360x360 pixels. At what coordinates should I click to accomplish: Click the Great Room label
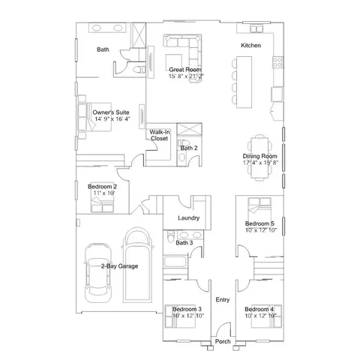[x=182, y=69]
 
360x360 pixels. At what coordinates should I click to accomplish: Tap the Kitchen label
[x=250, y=46]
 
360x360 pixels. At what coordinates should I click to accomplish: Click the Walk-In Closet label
[x=159, y=135]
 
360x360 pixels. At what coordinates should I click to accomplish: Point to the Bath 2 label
[x=188, y=148]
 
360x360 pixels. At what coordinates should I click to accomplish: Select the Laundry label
[x=187, y=217]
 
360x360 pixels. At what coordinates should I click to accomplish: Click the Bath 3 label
[x=184, y=242]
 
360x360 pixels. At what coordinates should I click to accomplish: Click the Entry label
[x=222, y=299]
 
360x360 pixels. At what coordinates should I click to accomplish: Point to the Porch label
[x=223, y=341]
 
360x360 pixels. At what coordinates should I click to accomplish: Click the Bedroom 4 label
[x=259, y=309]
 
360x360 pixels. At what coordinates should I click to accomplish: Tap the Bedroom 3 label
[x=187, y=309]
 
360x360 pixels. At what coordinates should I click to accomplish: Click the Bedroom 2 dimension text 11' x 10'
[x=102, y=193]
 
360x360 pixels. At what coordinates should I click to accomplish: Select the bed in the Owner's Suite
[x=88, y=115]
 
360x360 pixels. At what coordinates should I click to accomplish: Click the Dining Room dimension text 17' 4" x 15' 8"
[x=259, y=162]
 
